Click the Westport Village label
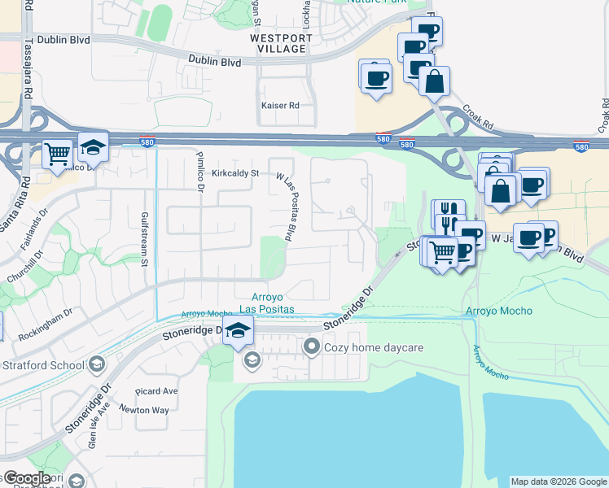[281, 43]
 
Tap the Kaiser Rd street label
[280, 106]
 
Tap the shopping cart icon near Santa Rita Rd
[57, 153]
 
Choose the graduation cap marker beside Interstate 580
[94, 146]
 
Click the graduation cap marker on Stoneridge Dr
[238, 330]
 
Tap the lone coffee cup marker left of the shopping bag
[375, 77]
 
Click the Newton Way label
[144, 410]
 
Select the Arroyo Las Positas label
[272, 303]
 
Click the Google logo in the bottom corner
[26, 478]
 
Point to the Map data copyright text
[559, 481]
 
